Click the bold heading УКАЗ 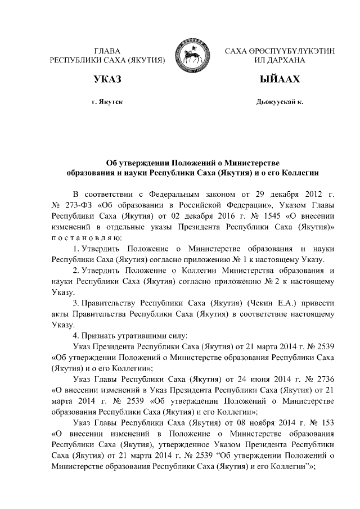tap(107, 79)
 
